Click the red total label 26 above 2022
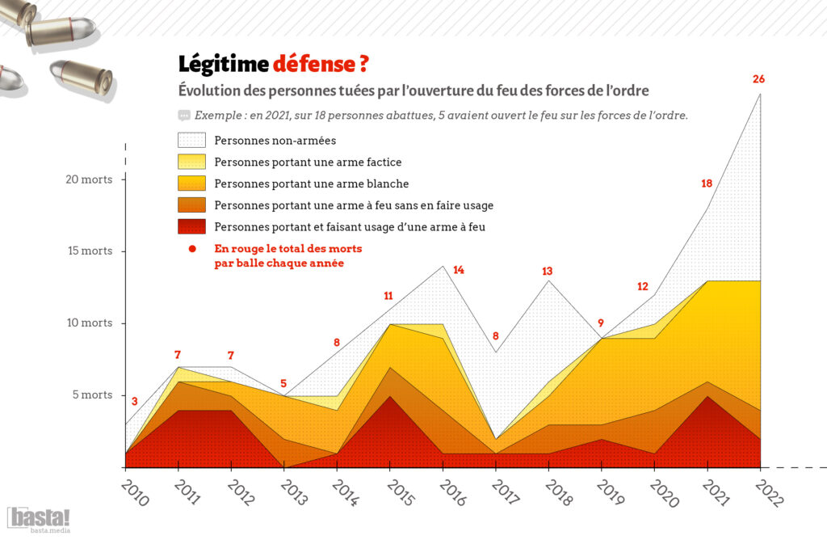click(x=758, y=79)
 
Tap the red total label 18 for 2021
click(x=707, y=184)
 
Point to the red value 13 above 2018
click(x=548, y=271)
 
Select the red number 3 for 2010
click(x=134, y=401)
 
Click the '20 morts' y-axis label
click(x=89, y=179)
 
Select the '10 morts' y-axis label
click(x=89, y=323)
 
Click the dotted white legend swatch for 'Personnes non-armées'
click(x=191, y=140)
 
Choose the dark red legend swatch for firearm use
click(x=191, y=226)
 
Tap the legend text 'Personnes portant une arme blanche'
click(x=312, y=184)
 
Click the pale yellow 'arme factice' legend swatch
click(x=191, y=162)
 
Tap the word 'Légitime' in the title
click(x=222, y=63)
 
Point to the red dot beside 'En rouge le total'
click(x=191, y=247)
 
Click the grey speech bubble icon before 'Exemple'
click(x=183, y=115)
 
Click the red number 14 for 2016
click(x=459, y=270)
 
